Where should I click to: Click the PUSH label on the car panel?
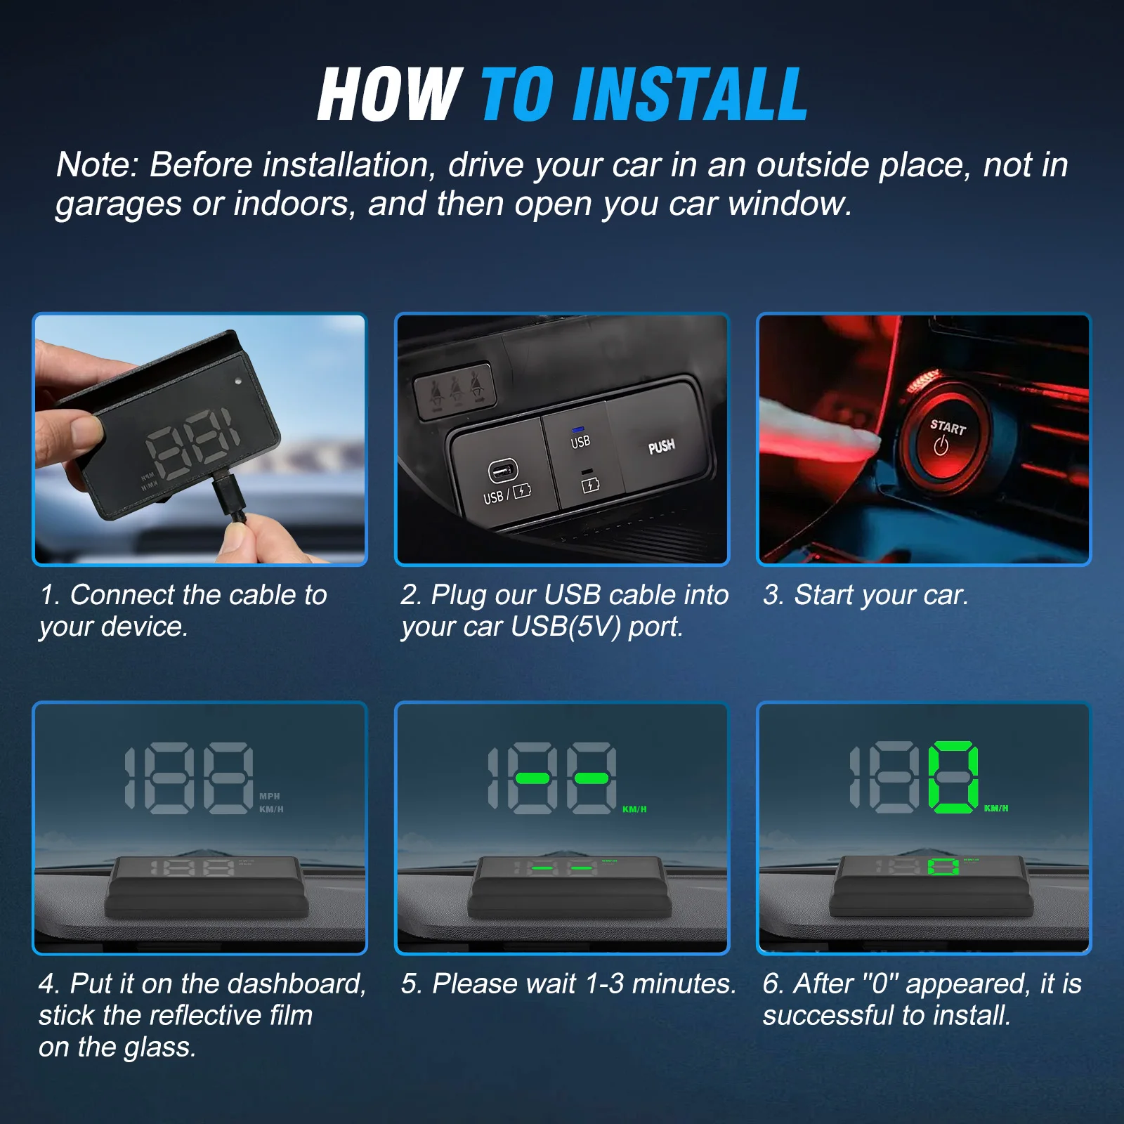[x=661, y=447]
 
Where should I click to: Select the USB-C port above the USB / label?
[x=502, y=471]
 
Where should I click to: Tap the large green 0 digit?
[x=953, y=777]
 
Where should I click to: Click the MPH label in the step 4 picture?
[x=270, y=796]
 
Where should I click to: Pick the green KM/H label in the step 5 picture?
[x=634, y=809]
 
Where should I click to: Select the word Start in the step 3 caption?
[x=824, y=595]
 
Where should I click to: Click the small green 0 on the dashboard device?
[x=944, y=867]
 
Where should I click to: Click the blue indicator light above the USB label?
[x=579, y=428]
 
